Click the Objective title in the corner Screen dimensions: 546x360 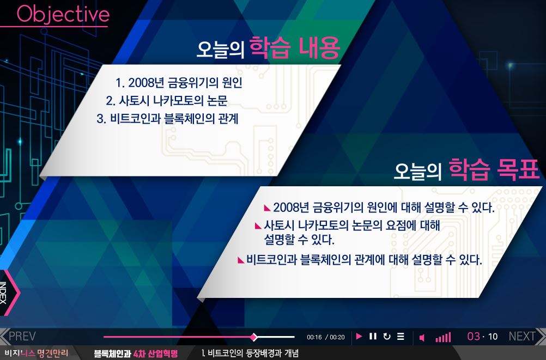63,15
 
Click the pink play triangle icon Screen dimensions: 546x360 359,337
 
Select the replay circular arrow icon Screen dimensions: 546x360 386,337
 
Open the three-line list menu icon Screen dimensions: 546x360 401,337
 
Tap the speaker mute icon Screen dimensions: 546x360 422,338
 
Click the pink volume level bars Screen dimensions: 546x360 443,337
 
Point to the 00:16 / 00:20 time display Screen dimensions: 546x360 325,337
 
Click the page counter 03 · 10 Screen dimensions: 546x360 482,337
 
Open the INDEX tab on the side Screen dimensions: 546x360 8,292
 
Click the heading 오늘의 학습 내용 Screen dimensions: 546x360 268,48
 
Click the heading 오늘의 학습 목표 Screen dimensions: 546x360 466,170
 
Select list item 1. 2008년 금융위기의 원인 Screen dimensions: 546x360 179,83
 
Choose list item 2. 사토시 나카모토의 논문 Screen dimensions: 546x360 167,101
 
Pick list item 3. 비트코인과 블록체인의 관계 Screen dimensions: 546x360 167,119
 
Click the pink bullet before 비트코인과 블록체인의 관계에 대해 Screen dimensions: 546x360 241,260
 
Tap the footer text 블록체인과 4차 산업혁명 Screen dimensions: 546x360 136,353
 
